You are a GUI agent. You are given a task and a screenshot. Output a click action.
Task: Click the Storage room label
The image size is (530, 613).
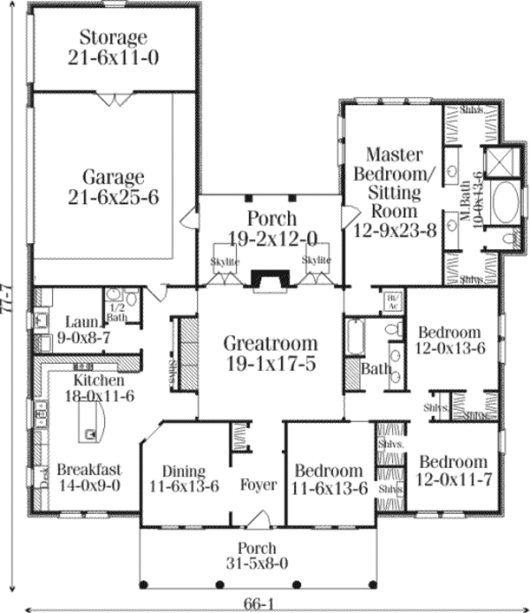pos(112,47)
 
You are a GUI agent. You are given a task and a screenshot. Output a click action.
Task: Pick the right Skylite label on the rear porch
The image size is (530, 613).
pos(315,261)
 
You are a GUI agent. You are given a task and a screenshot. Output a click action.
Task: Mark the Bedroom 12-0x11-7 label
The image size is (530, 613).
pos(452,471)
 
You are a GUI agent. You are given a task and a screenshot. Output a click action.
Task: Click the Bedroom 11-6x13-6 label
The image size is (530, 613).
pos(329,479)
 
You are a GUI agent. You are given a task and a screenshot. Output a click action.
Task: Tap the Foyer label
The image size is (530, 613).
pos(259,485)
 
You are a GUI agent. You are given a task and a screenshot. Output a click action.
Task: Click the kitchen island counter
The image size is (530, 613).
pos(92,419)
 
